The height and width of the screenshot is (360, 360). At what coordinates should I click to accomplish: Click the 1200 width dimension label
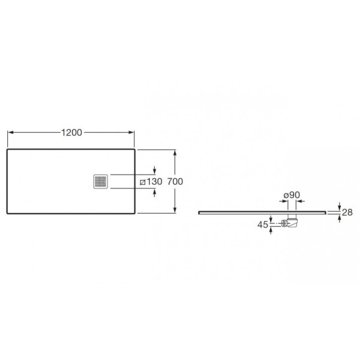coord(71,133)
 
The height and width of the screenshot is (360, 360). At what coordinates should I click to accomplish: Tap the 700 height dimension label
coord(175,181)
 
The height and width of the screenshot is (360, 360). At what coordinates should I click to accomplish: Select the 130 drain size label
coord(154,181)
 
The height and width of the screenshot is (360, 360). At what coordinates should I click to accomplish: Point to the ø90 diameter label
coord(292,195)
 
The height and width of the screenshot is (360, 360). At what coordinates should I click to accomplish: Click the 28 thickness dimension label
coord(347,212)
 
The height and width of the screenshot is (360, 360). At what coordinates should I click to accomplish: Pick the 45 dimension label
coord(263,224)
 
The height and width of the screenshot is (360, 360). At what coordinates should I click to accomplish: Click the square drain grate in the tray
coord(101,182)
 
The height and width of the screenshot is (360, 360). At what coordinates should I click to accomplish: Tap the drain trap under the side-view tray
coord(292,221)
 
